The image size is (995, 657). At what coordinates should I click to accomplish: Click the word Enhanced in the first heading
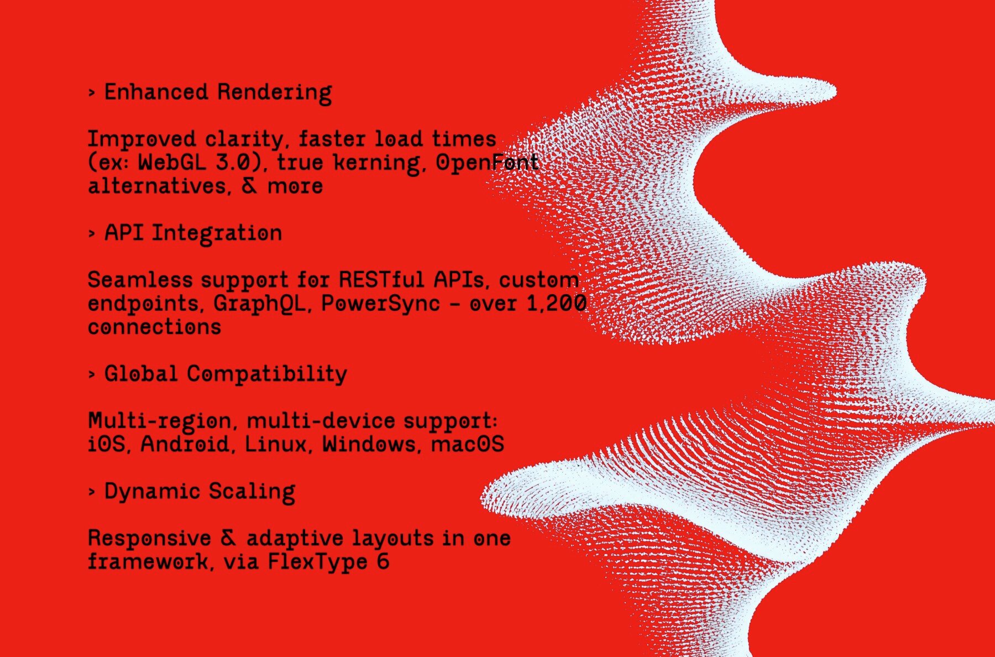tap(156, 92)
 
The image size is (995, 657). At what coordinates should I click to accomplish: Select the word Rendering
tap(274, 93)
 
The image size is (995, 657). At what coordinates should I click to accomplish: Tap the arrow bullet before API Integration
tap(92, 234)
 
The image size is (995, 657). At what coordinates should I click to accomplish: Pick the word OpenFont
tap(487, 162)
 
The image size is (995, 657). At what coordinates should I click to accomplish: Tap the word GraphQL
tap(259, 304)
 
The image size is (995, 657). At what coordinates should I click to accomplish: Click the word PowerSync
tap(380, 304)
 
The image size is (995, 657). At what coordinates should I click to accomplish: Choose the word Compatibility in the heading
tap(267, 375)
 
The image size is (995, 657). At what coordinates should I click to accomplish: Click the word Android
tap(185, 444)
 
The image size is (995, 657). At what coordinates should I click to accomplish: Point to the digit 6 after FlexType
tap(383, 561)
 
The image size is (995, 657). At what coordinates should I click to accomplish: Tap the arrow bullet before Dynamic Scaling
tap(92, 492)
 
